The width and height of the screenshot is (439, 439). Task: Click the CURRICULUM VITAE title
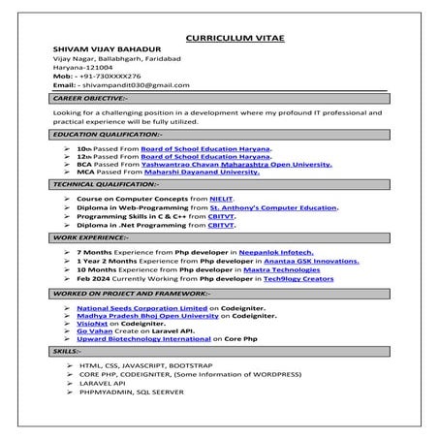point(220,33)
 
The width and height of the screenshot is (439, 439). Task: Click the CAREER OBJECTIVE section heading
point(91,99)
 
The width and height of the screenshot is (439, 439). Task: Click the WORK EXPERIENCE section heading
point(91,236)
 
